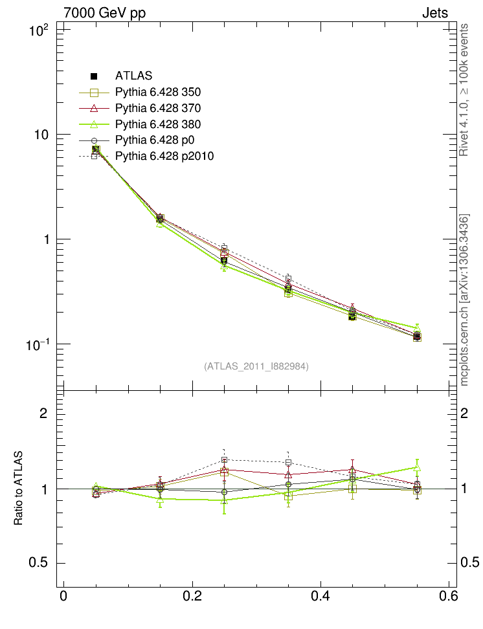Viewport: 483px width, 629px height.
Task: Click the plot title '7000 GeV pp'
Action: click(105, 13)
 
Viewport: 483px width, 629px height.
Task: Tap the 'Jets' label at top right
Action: click(434, 13)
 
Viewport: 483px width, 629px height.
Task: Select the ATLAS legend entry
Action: click(133, 76)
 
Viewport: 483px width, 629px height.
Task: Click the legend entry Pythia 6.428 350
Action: click(158, 91)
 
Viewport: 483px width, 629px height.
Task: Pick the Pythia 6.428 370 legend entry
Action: click(158, 107)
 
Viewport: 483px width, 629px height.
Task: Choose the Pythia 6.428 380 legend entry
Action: click(158, 124)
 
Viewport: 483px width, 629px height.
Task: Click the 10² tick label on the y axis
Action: click(39, 30)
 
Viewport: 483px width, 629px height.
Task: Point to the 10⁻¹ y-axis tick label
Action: click(38, 344)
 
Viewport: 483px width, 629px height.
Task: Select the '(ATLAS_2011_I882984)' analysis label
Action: click(256, 366)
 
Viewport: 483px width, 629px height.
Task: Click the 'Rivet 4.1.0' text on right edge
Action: click(464, 133)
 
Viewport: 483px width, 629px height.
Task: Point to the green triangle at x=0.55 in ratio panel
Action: click(417, 467)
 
